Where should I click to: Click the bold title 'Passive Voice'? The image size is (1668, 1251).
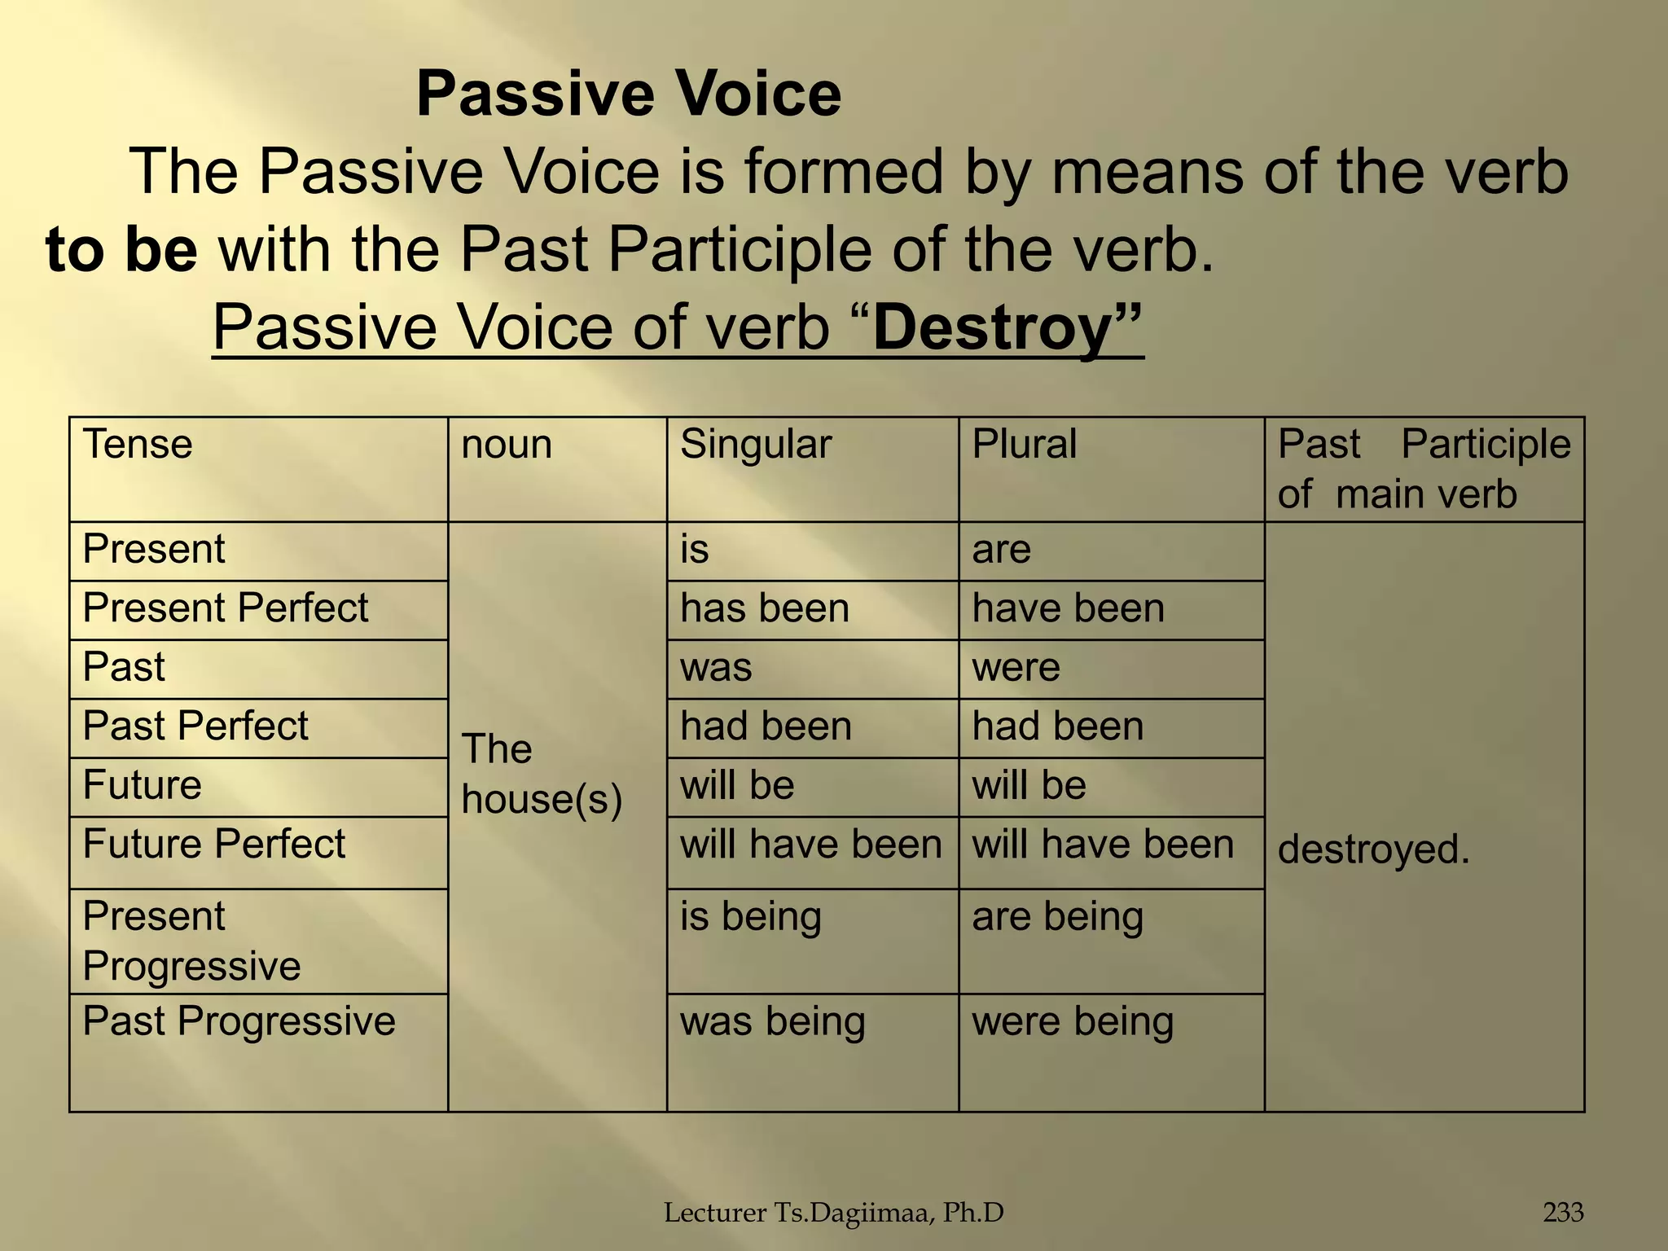tap(628, 94)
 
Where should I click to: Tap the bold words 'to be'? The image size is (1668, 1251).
tap(121, 249)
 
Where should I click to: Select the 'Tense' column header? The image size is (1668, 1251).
tap(138, 445)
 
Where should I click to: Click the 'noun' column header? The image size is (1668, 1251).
tap(507, 445)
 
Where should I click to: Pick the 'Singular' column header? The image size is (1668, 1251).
tap(756, 445)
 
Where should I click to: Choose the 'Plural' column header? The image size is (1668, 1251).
tap(1024, 445)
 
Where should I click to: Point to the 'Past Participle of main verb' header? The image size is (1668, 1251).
tap(1423, 469)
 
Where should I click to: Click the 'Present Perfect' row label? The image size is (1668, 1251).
tap(226, 608)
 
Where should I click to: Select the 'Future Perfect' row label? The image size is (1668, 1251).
tap(214, 845)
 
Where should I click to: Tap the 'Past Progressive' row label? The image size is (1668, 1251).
tap(239, 1021)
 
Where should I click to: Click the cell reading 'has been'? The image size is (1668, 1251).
tap(764, 609)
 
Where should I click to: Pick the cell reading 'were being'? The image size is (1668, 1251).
tap(1073, 1022)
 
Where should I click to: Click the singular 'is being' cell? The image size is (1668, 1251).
tap(750, 917)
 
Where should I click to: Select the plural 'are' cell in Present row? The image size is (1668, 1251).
tap(1001, 550)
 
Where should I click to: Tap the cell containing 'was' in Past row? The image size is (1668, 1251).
tap(716, 668)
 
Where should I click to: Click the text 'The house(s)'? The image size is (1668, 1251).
tap(542, 774)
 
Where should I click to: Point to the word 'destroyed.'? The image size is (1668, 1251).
tap(1373, 850)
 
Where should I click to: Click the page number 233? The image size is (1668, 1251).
tap(1563, 1213)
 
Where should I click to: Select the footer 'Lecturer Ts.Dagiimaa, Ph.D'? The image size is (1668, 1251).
tap(833, 1213)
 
